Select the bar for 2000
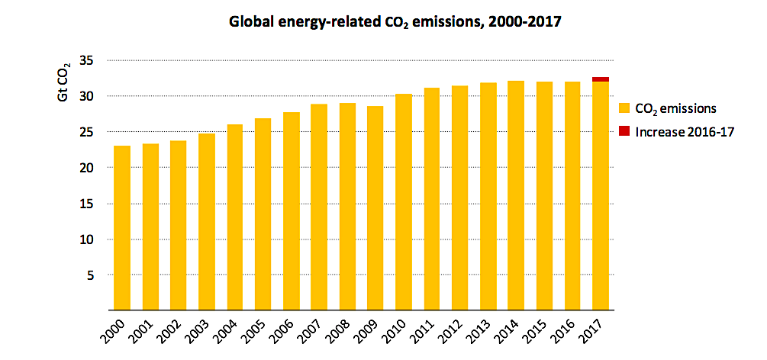pyautogui.click(x=122, y=229)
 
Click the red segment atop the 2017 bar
pyautogui.click(x=601, y=79)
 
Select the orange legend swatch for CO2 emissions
pyautogui.click(x=624, y=108)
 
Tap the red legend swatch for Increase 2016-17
pyautogui.click(x=624, y=131)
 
